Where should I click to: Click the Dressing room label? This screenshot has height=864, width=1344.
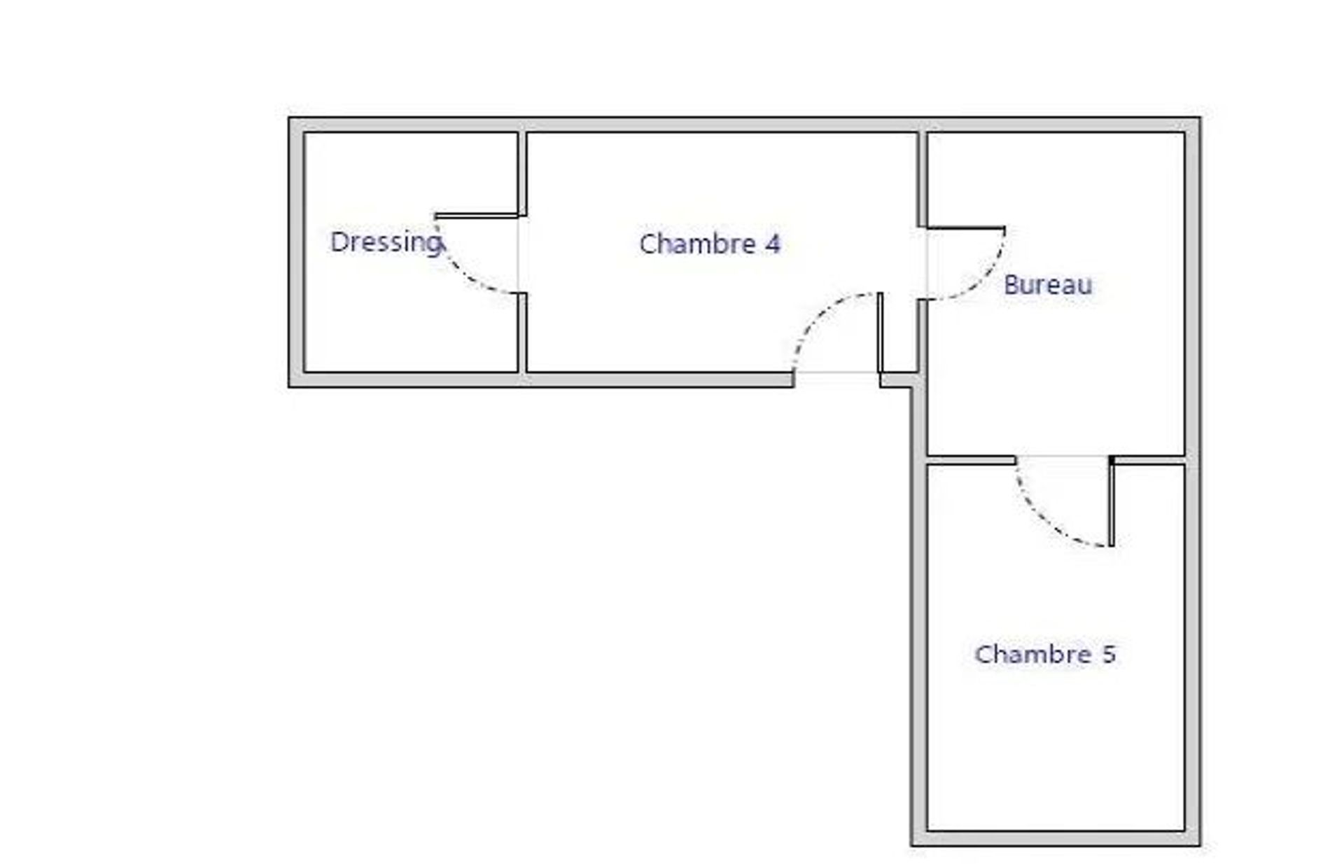(x=386, y=243)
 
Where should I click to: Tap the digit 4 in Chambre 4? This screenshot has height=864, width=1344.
(x=772, y=244)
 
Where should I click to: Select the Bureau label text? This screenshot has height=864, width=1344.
(x=1048, y=285)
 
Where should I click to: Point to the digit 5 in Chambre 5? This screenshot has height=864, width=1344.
(x=1108, y=654)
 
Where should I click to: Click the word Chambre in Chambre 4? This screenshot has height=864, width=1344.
(x=697, y=244)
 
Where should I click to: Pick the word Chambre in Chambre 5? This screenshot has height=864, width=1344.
(x=1033, y=654)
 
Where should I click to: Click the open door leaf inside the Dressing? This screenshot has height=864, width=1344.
(x=476, y=216)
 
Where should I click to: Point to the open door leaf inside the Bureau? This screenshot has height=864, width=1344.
(x=966, y=228)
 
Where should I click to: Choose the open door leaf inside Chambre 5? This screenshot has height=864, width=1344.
(x=1111, y=501)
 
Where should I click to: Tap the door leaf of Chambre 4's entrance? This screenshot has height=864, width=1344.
(x=880, y=332)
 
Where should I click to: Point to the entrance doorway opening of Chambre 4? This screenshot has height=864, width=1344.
(x=836, y=379)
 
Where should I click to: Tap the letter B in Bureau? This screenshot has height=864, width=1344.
(x=1011, y=284)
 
